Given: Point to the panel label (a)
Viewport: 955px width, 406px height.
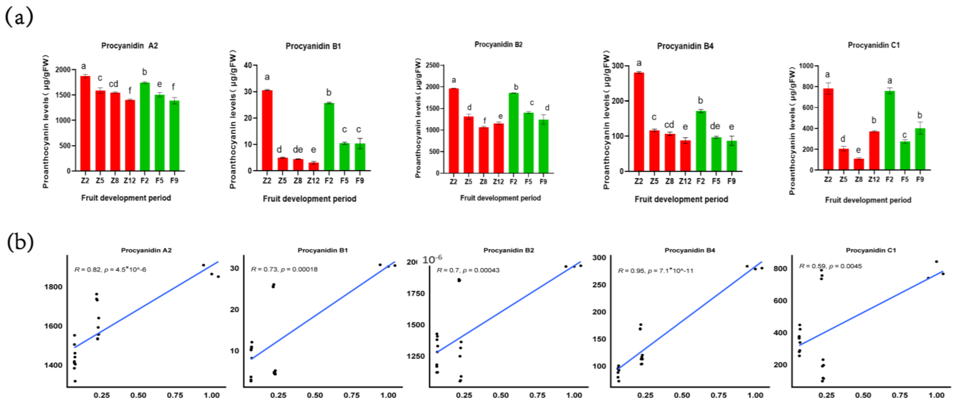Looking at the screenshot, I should coord(19,17).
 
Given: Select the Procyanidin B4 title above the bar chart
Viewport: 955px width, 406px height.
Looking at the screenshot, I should coord(685,46).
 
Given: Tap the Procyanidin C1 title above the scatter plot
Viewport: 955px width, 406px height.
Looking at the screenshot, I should coord(870,250).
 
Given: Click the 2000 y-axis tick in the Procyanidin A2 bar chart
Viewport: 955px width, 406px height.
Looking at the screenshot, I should coord(63,70).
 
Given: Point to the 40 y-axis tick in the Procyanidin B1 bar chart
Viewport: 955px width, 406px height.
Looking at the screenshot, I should coord(248,65).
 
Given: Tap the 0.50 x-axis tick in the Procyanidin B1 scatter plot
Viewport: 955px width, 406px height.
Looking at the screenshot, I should coord(315,395).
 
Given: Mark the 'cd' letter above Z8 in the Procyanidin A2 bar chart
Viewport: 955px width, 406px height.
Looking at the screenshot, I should coord(113,84).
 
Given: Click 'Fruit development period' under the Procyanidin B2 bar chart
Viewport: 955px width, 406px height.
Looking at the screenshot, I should coord(500,198).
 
